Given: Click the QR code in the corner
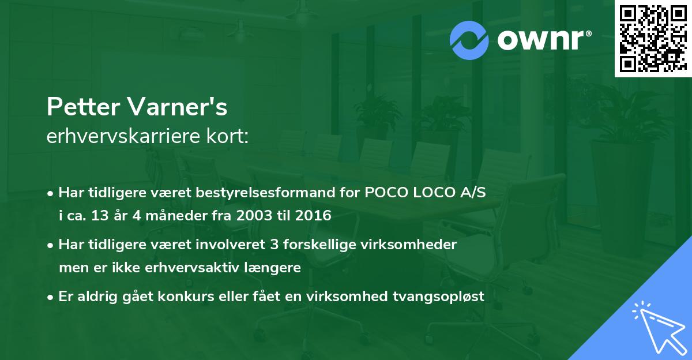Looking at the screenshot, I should pyautogui.click(x=653, y=39).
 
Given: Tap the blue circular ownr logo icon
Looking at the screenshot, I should pyautogui.click(x=469, y=40).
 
